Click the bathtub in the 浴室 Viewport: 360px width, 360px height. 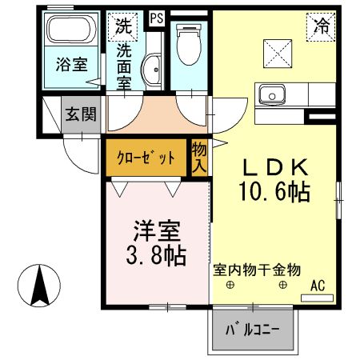tap(68, 31)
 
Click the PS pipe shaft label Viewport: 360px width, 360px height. tap(155, 16)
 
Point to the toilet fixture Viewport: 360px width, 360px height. tap(189, 44)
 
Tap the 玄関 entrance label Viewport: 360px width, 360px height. tap(82, 113)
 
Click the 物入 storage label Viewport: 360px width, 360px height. tap(199, 158)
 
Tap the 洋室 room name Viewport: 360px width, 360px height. tap(157, 232)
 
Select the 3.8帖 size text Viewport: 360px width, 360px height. tap(157, 255)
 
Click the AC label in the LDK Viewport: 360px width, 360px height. tap(317, 286)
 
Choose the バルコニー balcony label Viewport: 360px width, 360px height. tap(250, 330)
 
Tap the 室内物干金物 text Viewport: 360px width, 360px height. tap(256, 270)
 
